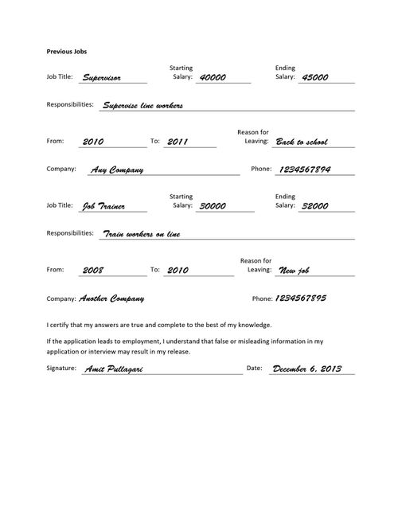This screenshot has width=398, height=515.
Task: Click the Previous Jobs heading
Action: [x=67, y=51]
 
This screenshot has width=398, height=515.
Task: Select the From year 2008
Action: [x=93, y=270]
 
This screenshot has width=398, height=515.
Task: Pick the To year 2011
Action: [x=178, y=142]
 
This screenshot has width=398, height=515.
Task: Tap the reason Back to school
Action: [x=302, y=142]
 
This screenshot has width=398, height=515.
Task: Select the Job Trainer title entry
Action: [x=103, y=206]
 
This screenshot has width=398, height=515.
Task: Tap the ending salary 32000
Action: [x=316, y=206]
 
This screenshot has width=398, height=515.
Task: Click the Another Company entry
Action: [x=112, y=298]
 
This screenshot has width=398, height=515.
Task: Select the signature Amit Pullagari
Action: [x=117, y=369]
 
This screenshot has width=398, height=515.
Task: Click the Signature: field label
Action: [x=62, y=369]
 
